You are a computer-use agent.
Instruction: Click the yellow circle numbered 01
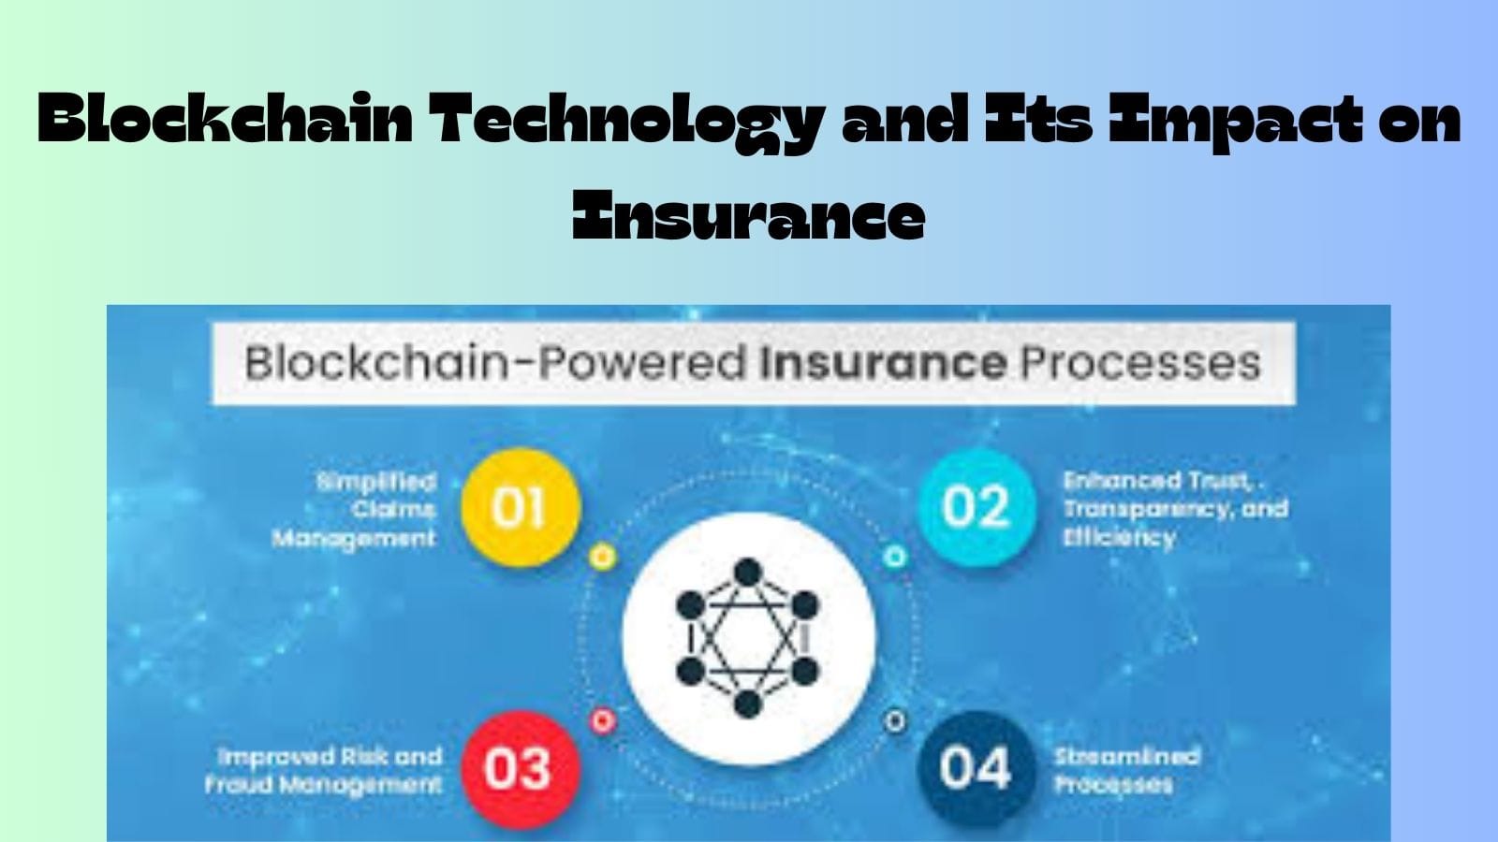(x=521, y=507)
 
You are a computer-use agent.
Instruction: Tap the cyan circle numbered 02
(x=976, y=507)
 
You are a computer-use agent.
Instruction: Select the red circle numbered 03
(x=517, y=769)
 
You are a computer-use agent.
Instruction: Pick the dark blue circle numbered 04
(x=976, y=769)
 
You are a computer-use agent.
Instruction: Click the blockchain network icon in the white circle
(x=747, y=638)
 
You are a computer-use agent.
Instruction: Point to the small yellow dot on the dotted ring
(x=603, y=558)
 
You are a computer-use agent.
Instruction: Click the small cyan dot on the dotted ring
(x=895, y=558)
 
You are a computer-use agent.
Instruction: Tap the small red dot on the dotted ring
(x=603, y=720)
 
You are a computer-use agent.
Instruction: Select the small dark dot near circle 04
(x=895, y=721)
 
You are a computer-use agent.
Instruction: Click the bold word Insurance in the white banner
(x=883, y=363)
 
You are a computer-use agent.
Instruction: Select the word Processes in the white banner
(x=1139, y=363)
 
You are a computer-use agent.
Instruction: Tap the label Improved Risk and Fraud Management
(x=324, y=770)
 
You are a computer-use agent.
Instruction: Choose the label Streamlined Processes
(x=1125, y=770)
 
